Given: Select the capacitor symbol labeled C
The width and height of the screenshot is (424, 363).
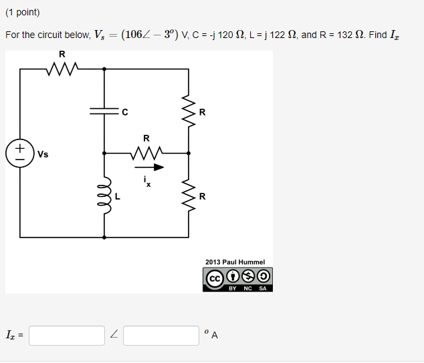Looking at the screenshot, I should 104,111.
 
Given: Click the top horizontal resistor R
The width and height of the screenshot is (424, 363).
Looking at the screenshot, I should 62,68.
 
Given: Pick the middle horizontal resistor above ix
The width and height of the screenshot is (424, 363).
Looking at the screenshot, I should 146,153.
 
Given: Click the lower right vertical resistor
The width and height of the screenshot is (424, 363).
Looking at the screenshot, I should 189,195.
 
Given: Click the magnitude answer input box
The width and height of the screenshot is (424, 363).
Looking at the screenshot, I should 67,336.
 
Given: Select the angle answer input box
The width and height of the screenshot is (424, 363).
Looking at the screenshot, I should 161,336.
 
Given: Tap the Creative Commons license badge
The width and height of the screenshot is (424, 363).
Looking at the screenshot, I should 237,280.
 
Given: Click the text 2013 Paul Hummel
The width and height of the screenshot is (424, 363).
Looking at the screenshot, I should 235,262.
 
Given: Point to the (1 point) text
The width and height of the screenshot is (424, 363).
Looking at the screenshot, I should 22,12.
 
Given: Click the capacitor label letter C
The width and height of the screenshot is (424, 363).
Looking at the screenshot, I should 124,111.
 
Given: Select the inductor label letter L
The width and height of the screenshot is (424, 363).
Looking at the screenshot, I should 118,196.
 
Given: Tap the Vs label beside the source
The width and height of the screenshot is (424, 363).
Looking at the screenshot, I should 43,154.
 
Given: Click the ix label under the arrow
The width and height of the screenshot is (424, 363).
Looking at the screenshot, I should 147,181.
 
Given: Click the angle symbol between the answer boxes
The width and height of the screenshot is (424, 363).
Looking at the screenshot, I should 114,336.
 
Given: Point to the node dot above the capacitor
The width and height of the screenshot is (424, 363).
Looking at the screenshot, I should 104,68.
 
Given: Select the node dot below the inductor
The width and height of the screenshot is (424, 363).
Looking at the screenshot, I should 104,237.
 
